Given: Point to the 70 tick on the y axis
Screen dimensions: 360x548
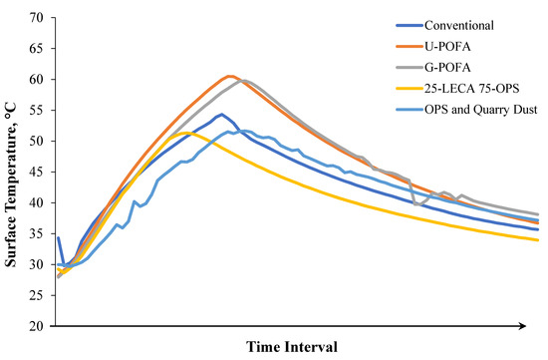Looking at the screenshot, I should pos(38,18).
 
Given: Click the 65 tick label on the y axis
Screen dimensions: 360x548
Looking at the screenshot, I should pos(38,49).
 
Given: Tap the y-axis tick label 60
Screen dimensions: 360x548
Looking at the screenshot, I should pos(38,80).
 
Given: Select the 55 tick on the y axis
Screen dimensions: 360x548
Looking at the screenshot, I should pos(38,111).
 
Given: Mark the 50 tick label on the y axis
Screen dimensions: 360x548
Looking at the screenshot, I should pos(38,142).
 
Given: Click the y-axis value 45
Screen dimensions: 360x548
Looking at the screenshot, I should pos(38,173).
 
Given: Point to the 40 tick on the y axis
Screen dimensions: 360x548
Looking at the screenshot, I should pos(38,203).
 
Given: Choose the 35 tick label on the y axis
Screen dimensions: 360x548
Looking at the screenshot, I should pos(38,234).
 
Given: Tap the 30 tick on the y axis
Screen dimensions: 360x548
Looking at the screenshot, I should pos(38,265).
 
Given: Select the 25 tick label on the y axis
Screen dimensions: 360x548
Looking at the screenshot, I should pos(38,296).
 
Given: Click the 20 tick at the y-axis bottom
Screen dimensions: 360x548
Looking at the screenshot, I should pos(38,326).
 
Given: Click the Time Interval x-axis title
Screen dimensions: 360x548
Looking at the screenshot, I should pos(294,347).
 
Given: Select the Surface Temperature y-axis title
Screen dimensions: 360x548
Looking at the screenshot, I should pos(12,172).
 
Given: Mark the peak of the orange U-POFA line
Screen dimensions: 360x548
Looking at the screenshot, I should pos(229,76).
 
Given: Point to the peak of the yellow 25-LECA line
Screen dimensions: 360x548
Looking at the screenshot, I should pos(187,133).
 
